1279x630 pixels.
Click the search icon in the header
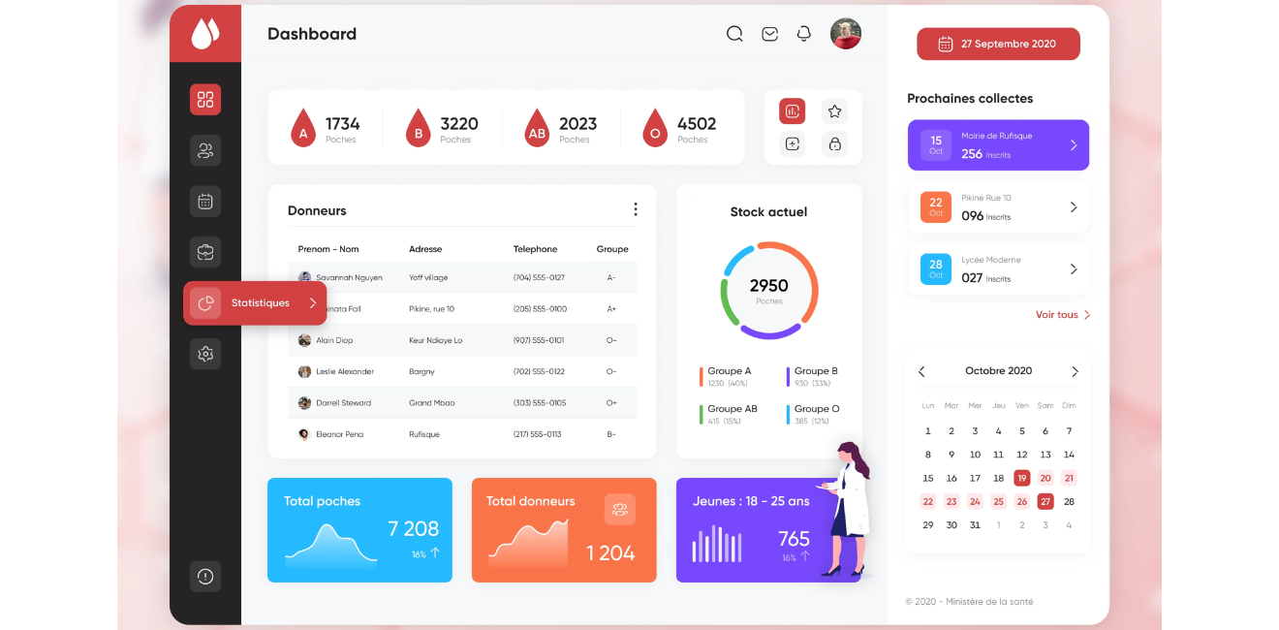point(734,34)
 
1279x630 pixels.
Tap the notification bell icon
point(803,34)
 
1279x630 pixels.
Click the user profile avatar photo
point(845,34)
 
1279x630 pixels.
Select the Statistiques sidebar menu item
point(255,303)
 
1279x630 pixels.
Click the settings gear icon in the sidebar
point(205,354)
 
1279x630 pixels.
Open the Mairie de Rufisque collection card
point(998,145)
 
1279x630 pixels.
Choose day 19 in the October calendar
point(1021,478)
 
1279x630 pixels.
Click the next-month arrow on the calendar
point(1075,371)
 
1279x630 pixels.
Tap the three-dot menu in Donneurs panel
point(635,209)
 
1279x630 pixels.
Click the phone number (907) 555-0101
point(539,340)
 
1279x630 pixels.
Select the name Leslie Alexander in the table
point(344,371)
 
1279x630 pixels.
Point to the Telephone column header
point(535,249)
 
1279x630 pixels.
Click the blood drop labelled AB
point(537,128)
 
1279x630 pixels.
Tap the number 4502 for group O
point(696,124)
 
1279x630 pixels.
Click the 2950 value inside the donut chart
point(768,286)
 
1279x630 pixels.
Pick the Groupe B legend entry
point(815,371)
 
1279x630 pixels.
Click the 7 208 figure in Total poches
point(413,528)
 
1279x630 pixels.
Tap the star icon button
point(834,111)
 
